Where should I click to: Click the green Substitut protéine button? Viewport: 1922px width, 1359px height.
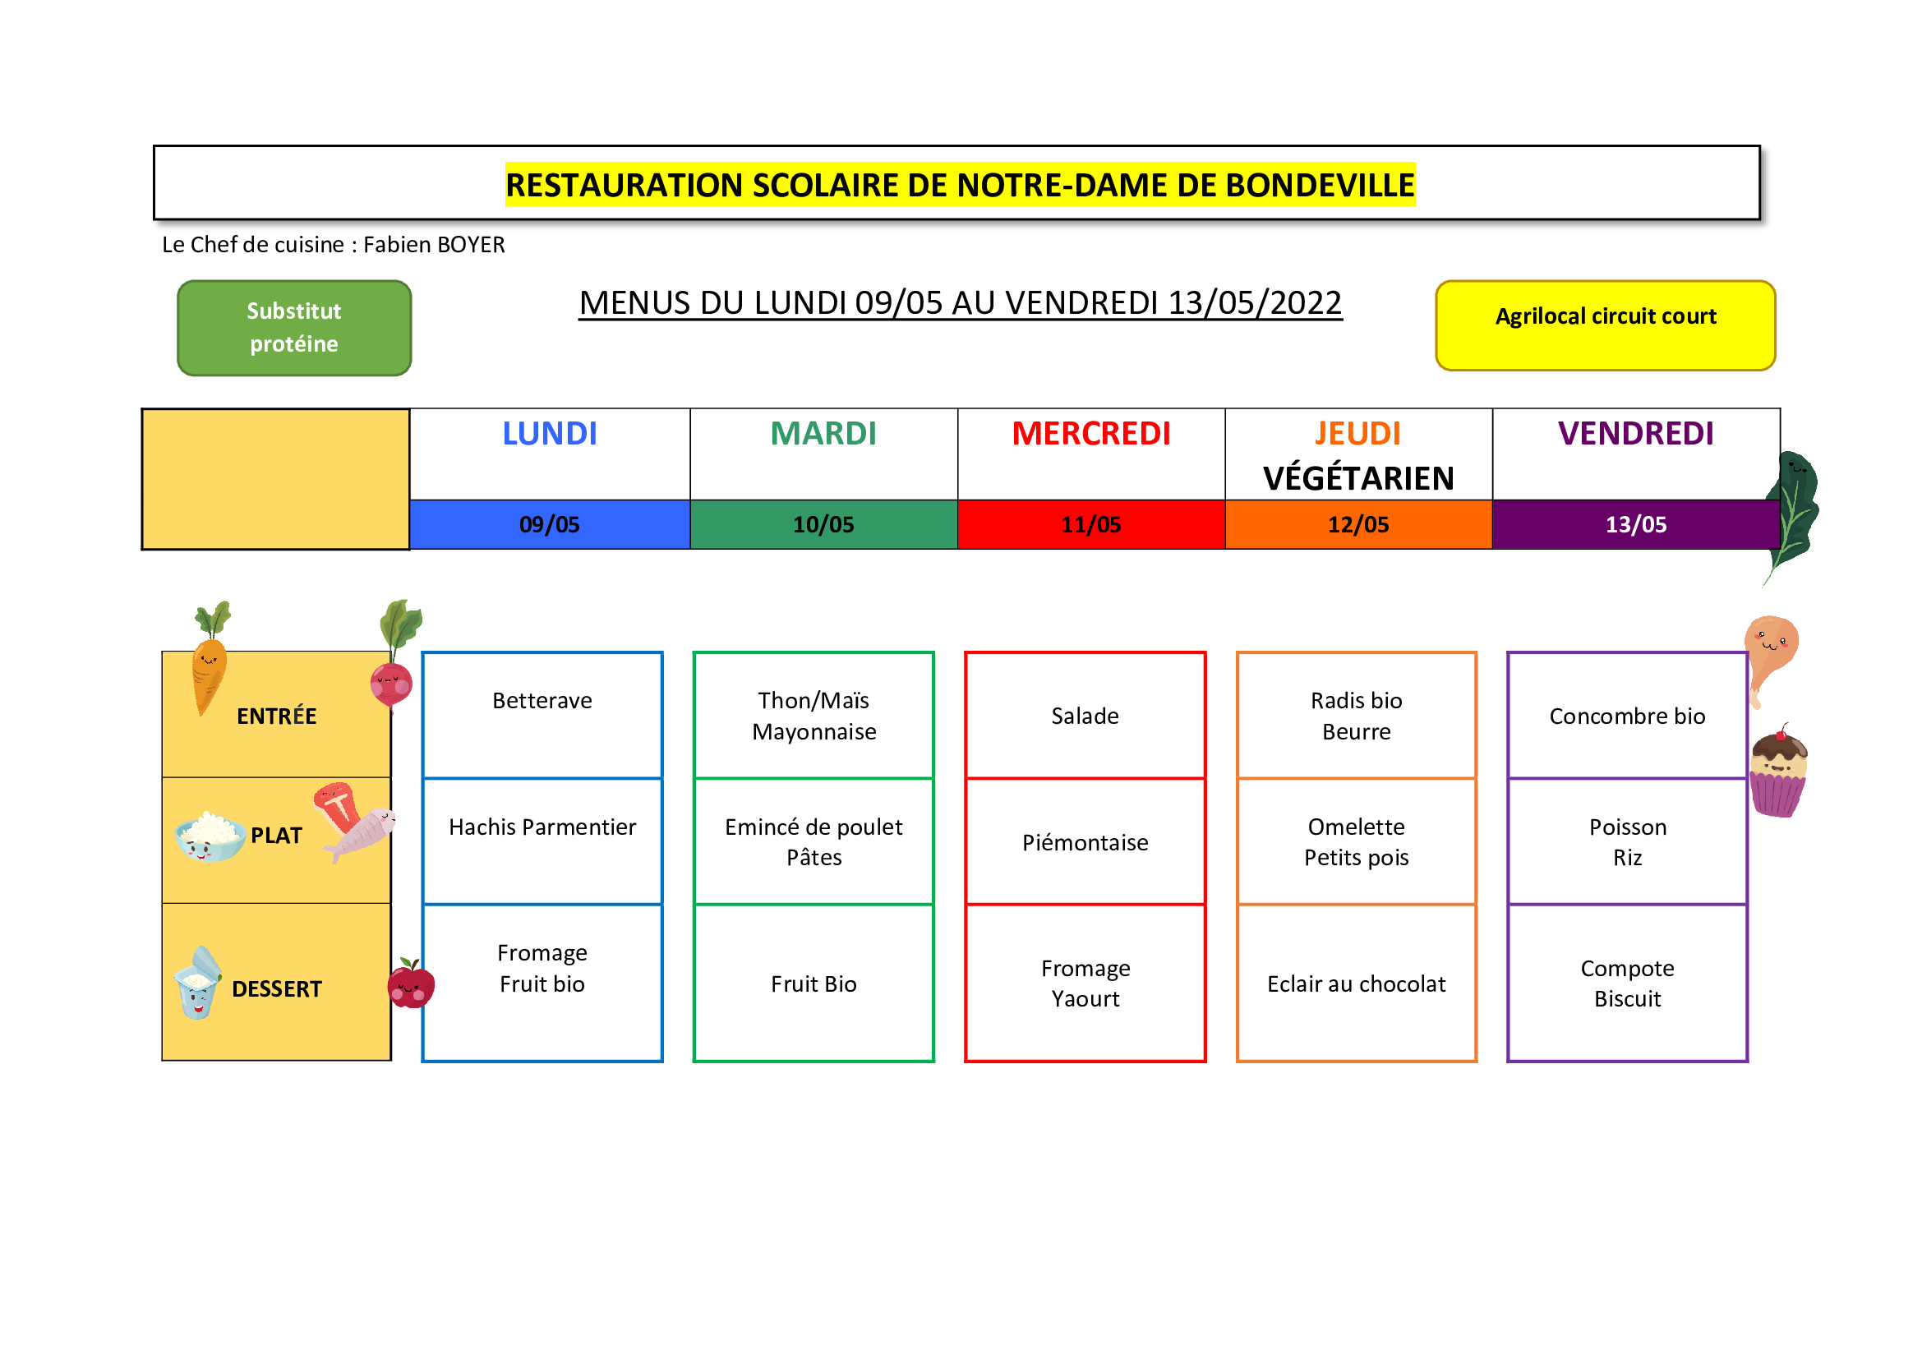click(x=294, y=327)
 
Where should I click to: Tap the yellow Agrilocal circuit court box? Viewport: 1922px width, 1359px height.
click(x=1605, y=325)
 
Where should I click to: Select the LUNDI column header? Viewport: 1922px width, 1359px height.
click(x=549, y=434)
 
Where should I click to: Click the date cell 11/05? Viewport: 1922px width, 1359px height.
click(x=1090, y=524)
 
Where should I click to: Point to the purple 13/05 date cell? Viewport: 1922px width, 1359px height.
click(x=1635, y=524)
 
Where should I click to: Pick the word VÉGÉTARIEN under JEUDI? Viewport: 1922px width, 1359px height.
click(x=1357, y=478)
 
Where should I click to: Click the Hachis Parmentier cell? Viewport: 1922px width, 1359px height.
click(x=542, y=841)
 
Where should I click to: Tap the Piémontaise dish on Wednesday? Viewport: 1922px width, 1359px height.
click(x=1085, y=842)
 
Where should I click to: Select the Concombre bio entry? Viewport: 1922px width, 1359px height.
click(x=1626, y=716)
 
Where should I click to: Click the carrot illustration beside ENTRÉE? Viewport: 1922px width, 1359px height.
click(x=210, y=658)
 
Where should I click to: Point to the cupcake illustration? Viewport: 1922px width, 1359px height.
click(x=1778, y=772)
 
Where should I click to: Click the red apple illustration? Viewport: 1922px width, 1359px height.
click(x=410, y=984)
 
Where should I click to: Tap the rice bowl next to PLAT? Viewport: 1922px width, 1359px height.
click(x=210, y=836)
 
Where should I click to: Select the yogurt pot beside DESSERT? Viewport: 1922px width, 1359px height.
click(x=197, y=983)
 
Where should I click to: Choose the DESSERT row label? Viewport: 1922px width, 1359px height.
click(x=276, y=988)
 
